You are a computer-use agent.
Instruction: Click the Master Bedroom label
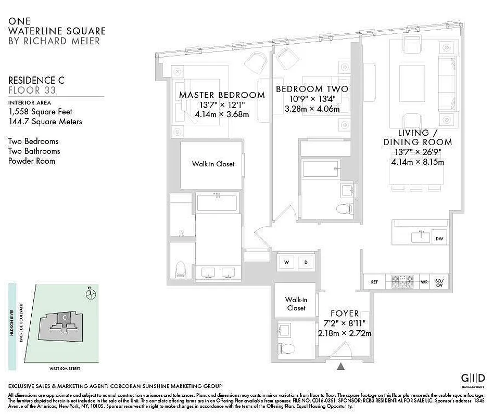tap(222, 95)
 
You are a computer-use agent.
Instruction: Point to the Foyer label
tap(344, 314)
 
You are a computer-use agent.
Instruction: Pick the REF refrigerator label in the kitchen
tap(374, 282)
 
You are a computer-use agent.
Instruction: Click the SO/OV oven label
tap(439, 282)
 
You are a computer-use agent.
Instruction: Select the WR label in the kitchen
tap(424, 282)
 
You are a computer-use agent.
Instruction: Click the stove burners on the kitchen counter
tap(403, 282)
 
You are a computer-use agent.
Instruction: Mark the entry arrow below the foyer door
tap(341, 366)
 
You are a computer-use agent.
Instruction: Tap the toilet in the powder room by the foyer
tap(286, 348)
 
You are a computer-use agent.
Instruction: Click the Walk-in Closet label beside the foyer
tap(296, 304)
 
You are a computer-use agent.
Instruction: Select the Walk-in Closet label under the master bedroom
tap(213, 164)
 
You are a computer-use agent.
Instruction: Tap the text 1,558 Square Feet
tap(40, 112)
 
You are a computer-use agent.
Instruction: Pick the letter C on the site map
tap(64, 317)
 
